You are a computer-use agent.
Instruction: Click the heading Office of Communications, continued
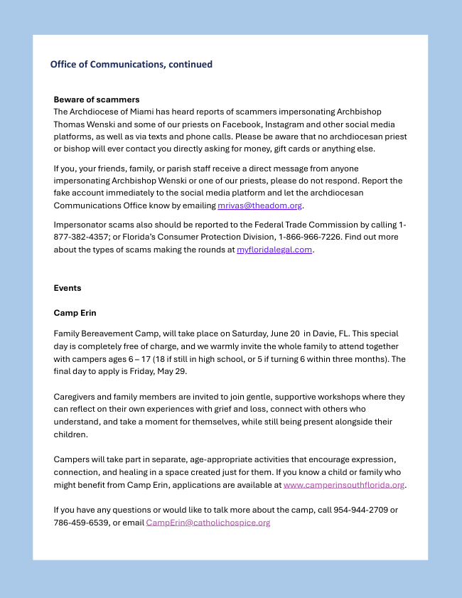131,64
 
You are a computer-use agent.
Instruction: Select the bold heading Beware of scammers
96,99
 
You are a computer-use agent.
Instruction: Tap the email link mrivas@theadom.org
259,205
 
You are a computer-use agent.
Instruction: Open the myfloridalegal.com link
274,250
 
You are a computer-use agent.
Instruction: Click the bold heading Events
68,288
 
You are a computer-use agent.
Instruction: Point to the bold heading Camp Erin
75,312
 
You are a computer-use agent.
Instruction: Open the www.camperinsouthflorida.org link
344,485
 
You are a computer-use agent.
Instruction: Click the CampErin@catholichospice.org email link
208,523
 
